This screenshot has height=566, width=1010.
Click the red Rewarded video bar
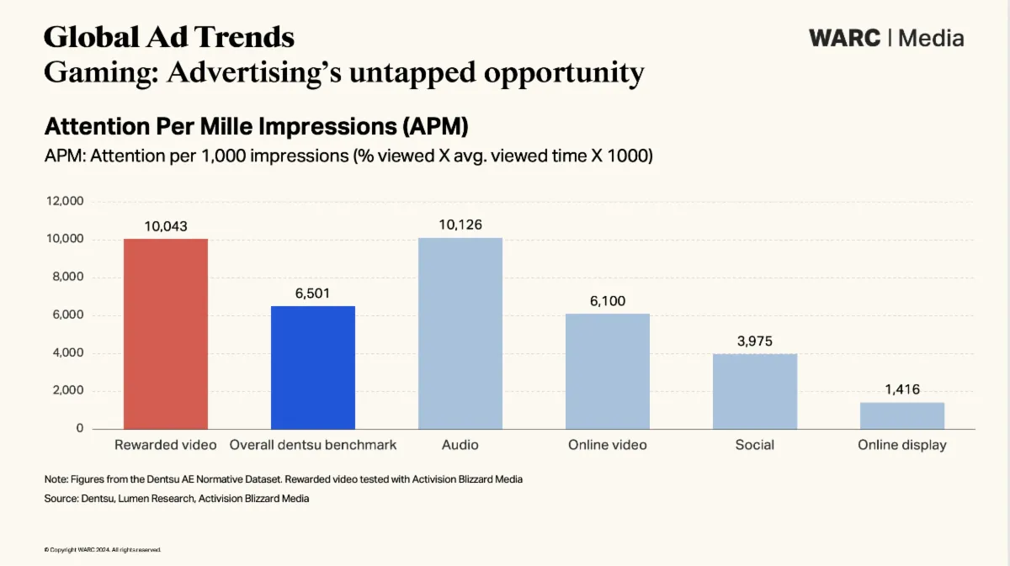point(165,334)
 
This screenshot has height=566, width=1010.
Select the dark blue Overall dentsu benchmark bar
point(312,368)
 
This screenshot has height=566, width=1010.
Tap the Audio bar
point(460,333)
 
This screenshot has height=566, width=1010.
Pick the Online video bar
point(607,371)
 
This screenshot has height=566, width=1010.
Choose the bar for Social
point(754,391)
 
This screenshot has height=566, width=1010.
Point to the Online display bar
point(901,415)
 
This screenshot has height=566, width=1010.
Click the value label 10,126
point(460,225)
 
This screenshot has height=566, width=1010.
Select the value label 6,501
point(312,293)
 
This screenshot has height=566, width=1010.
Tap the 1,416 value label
point(901,389)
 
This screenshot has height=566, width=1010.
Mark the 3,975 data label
point(754,341)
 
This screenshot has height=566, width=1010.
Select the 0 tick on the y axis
point(80,429)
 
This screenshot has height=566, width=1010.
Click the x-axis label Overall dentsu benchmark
point(312,445)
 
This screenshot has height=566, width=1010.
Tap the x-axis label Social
point(754,445)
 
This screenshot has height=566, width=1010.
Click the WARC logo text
point(844,38)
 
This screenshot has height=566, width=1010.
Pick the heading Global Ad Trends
point(168,37)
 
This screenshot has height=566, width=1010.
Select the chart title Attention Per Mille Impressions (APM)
point(256,127)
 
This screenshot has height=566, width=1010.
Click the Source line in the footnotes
point(176,499)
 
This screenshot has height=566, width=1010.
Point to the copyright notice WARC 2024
point(102,550)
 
